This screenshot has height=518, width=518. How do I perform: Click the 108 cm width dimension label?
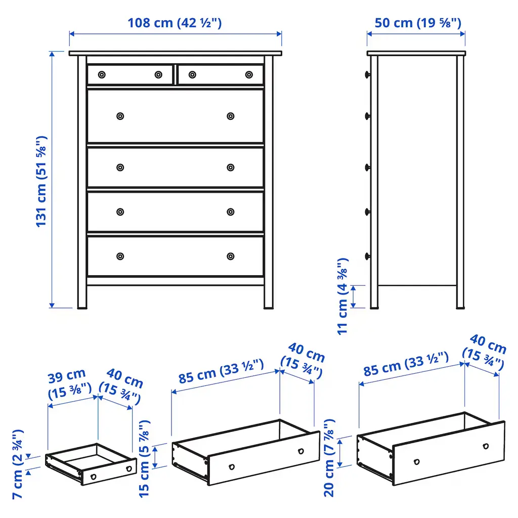(x=175, y=23)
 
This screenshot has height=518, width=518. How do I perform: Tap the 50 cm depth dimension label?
(x=417, y=23)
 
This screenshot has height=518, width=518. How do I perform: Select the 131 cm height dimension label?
(x=41, y=182)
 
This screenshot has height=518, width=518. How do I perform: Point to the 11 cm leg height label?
(x=342, y=296)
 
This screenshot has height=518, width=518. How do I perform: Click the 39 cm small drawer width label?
(x=69, y=384)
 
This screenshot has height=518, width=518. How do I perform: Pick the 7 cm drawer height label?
(x=18, y=464)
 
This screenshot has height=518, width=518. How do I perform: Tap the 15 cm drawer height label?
(x=144, y=459)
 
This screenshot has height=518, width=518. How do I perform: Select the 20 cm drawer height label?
(x=329, y=458)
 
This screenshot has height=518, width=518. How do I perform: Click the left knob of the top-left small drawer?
(x=102, y=75)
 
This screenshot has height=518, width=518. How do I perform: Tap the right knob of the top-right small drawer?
(x=249, y=75)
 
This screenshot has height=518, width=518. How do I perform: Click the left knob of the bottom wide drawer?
(x=120, y=256)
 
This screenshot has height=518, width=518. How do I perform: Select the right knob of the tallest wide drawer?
(x=231, y=116)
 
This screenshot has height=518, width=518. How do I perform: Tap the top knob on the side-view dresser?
(x=367, y=75)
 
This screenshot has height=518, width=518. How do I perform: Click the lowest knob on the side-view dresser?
(x=367, y=256)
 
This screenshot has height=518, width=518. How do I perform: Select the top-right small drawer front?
(x=221, y=75)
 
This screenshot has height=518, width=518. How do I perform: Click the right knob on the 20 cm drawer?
(x=486, y=446)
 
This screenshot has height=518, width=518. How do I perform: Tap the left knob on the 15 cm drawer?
(x=232, y=467)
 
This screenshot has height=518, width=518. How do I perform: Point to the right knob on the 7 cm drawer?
(x=129, y=468)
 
